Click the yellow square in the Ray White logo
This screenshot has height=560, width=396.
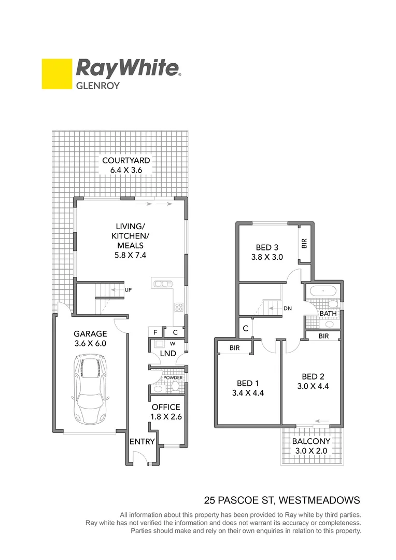click(x=56, y=74)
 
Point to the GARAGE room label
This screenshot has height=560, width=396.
click(x=90, y=334)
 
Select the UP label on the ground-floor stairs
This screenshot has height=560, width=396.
click(x=128, y=289)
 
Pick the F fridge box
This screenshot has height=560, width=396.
click(x=154, y=332)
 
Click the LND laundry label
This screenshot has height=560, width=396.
click(x=168, y=354)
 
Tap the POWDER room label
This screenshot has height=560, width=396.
click(x=173, y=377)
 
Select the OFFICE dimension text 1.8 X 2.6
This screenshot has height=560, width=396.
click(x=166, y=416)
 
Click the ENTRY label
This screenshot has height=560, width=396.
click(x=142, y=441)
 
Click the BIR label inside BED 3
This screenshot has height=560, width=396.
click(x=305, y=243)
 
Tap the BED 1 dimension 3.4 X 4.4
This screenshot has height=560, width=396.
click(x=248, y=393)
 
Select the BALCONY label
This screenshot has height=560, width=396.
click(x=311, y=441)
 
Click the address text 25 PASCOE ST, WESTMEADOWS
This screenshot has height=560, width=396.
click(x=282, y=500)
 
